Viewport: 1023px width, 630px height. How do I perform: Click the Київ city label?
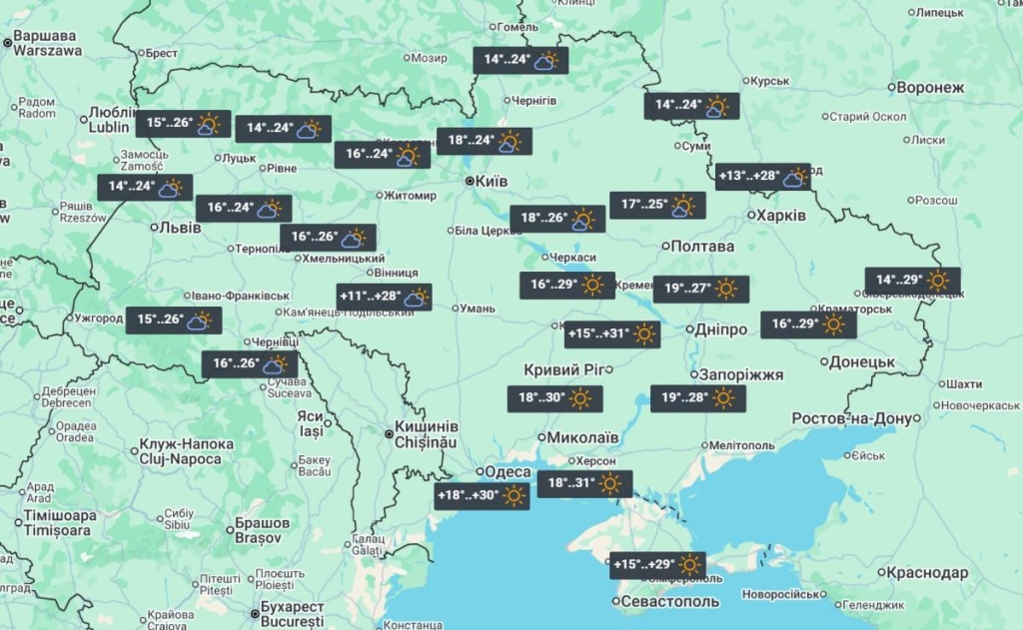[489, 182]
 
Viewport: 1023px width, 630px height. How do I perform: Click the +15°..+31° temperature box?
[612, 334]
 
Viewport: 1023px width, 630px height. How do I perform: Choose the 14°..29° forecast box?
[913, 281]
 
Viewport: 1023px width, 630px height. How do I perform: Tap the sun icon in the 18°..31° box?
[610, 485]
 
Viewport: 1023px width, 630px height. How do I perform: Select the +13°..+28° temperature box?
[762, 178]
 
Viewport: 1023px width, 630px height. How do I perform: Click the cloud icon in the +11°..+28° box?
[416, 297]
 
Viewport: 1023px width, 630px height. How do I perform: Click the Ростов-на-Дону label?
[852, 418]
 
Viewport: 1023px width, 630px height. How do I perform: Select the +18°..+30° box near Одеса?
[482, 495]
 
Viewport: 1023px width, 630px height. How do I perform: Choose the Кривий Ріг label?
[567, 370]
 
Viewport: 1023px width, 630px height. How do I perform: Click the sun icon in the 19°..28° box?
[724, 398]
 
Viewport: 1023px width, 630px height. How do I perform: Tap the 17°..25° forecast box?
[657, 206]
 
